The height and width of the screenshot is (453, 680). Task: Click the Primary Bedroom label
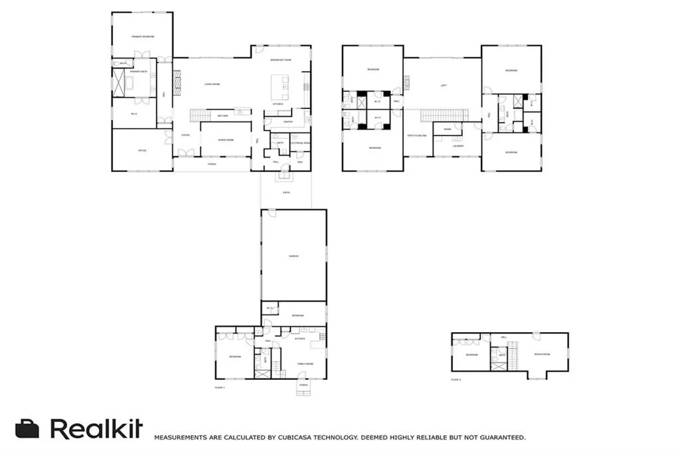coord(142,37)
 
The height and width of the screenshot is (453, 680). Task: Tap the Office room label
coord(141,151)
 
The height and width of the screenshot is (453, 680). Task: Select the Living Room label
coord(212,84)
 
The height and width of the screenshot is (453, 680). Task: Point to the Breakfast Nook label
coord(281,60)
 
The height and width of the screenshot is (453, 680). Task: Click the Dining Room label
coord(225,141)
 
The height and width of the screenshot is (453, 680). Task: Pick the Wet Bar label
coord(221,116)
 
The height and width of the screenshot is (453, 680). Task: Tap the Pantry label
coord(288,122)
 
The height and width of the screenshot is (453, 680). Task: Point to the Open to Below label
coord(417,135)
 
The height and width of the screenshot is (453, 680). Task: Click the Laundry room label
coord(459,146)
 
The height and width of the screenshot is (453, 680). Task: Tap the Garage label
coord(294,256)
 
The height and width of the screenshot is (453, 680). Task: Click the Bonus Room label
coord(542,354)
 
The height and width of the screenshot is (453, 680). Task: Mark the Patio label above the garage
coord(286,193)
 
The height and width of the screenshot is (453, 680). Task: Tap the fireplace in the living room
coord(177,80)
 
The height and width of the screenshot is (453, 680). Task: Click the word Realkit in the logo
coord(96,429)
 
